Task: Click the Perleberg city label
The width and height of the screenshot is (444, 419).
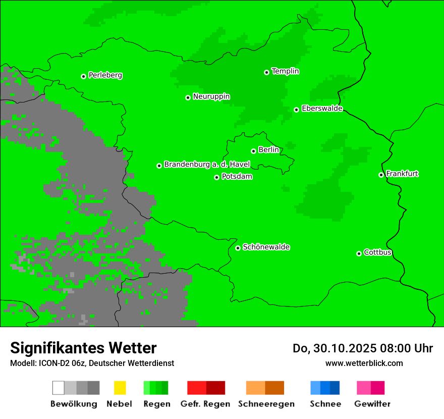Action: coord(105,75)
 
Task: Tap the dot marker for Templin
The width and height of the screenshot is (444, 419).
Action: coord(266,72)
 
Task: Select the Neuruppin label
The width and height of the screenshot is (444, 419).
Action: coord(211,96)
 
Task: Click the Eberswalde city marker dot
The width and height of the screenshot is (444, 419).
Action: coord(296,110)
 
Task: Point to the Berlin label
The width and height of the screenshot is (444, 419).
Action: coord(268,150)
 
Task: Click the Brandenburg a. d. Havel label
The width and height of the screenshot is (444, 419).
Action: coord(207,165)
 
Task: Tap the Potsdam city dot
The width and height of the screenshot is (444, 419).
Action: coord(216,177)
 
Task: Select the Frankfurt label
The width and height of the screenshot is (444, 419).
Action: coord(402,174)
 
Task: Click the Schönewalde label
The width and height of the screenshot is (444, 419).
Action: coord(266,247)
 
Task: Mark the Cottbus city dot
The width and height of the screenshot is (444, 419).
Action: coord(359,253)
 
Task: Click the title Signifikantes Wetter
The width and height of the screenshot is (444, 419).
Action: coord(83,348)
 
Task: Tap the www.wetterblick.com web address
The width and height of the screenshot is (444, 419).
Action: coord(364,363)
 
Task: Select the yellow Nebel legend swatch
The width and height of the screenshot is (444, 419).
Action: coord(120,388)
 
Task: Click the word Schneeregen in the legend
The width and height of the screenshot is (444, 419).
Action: coord(266,404)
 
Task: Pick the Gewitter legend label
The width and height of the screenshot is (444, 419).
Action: coord(372,404)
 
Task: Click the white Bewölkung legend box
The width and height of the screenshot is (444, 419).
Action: coord(59,388)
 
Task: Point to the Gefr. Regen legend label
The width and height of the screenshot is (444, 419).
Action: coord(205,404)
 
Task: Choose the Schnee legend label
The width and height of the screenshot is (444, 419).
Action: coord(325,404)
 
